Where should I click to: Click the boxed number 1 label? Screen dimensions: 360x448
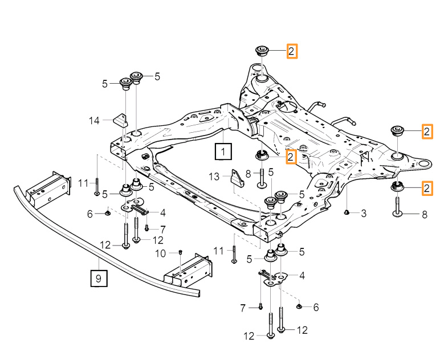223,152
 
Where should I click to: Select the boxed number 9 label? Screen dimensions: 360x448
98,279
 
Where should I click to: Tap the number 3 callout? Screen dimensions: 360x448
364,213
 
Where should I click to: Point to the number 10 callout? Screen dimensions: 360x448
161,253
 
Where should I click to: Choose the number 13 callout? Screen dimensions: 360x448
214,178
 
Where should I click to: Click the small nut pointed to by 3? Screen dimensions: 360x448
347,212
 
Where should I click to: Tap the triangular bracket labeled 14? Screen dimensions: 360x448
121,120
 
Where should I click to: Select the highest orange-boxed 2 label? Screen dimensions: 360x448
291,51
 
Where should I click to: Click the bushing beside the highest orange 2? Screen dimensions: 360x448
262,50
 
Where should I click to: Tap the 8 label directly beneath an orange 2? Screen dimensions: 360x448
423,214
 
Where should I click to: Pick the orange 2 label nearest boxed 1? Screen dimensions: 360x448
291,156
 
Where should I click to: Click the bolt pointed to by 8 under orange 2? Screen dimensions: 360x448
397,206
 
